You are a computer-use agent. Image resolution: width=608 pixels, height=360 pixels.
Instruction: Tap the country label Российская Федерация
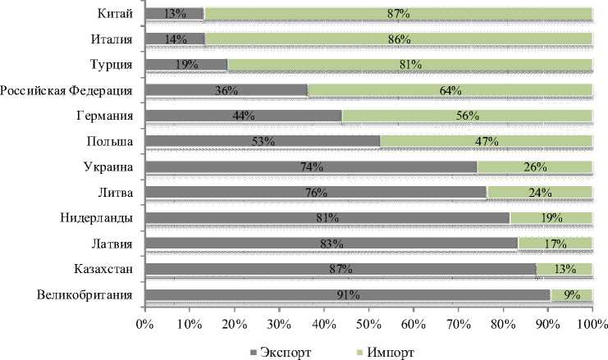click(67, 89)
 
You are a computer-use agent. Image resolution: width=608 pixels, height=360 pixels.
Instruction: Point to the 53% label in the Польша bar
click(262, 141)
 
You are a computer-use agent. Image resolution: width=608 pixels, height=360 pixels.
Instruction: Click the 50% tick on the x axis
click(368, 326)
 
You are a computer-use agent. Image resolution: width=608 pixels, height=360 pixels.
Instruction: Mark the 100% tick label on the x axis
click(591, 326)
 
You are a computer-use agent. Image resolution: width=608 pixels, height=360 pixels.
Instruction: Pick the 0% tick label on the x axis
click(145, 326)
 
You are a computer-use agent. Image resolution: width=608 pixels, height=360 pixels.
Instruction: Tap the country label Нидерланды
click(98, 217)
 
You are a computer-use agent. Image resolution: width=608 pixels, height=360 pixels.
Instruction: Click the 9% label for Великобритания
click(571, 295)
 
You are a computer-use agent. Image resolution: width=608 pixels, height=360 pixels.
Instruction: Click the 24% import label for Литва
click(539, 193)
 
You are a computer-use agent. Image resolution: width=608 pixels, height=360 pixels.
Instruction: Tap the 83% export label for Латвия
click(332, 244)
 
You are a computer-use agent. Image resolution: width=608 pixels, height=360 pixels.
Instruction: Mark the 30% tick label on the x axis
click(279, 326)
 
